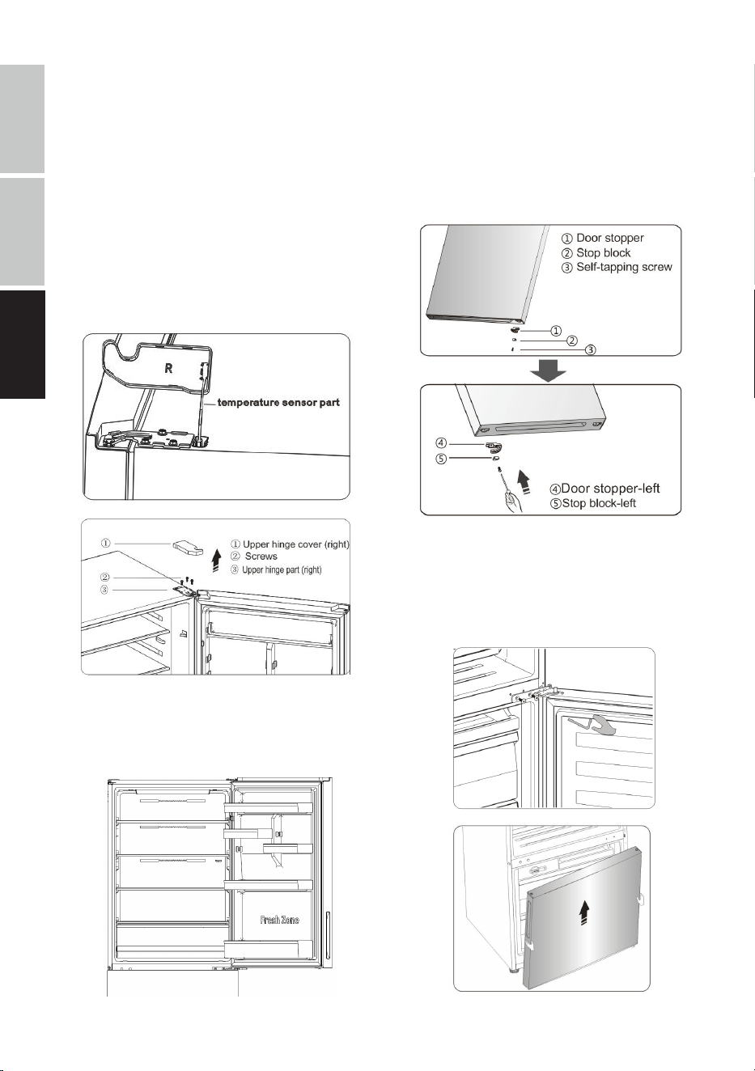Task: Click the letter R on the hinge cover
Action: pos(168,369)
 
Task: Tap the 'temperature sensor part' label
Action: pos(278,403)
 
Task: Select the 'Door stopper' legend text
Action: pos(609,238)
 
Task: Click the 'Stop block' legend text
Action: pos(603,253)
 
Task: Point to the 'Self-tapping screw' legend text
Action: pos(624,267)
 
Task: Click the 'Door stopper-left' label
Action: pos(610,489)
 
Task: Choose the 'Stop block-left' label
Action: pos(599,503)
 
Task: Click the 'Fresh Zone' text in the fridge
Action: pos(279,920)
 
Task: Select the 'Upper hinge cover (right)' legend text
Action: pos(295,544)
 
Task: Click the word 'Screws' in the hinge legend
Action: pos(261,556)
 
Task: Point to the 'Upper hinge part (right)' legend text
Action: pos(282,569)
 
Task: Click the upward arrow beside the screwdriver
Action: pos(525,482)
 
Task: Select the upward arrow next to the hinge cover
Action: pos(216,560)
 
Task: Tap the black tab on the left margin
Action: pos(23,345)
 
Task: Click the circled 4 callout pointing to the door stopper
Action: pos(441,444)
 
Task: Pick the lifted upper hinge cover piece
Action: pos(188,548)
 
